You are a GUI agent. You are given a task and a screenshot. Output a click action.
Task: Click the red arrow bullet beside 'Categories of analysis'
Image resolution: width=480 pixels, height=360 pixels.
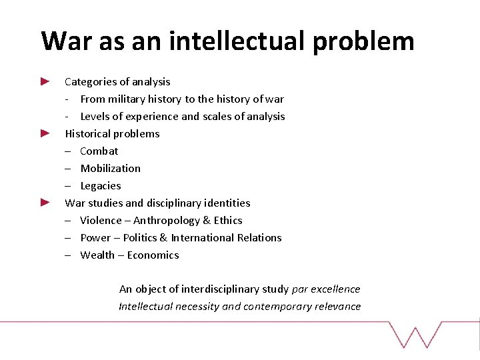45,82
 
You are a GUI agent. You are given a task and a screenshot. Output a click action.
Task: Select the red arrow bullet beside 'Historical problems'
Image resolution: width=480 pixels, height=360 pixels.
45,133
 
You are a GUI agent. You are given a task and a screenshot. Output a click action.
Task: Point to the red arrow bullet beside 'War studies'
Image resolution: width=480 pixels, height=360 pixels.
45,202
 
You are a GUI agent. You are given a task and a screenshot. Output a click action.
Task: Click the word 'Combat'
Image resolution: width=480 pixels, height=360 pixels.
99,151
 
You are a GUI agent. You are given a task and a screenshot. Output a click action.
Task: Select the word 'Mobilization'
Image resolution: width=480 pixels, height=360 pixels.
111,168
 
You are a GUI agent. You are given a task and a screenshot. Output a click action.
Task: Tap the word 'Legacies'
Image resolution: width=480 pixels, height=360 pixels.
101,185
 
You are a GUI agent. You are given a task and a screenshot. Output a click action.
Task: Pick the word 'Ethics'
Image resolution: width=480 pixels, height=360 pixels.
228,220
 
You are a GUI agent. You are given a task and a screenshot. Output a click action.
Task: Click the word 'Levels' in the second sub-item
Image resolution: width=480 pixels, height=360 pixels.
96,116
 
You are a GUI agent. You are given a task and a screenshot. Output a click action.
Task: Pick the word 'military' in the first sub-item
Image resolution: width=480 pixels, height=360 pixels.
126,99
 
